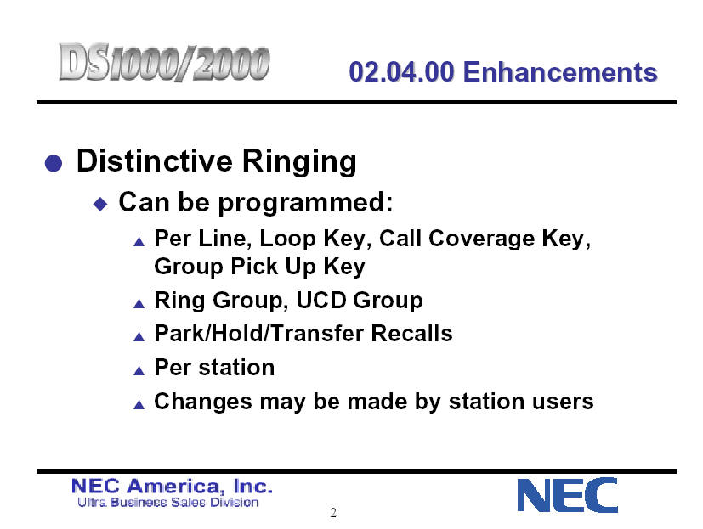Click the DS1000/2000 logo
pos(164,63)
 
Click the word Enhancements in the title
pos(560,72)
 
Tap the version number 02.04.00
pos(402,72)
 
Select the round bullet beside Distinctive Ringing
pos(54,163)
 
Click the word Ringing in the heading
pos(299,161)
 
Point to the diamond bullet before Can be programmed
pos(100,205)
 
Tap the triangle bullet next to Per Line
pos(139,242)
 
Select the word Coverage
pos(481,239)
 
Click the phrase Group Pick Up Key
pos(259,267)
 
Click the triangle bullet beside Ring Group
pos(139,304)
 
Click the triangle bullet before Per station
pos(139,370)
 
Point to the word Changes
pos(203,402)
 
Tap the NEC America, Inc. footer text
pos(172,487)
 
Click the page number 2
pos(333,512)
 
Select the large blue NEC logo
pos(568,495)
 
